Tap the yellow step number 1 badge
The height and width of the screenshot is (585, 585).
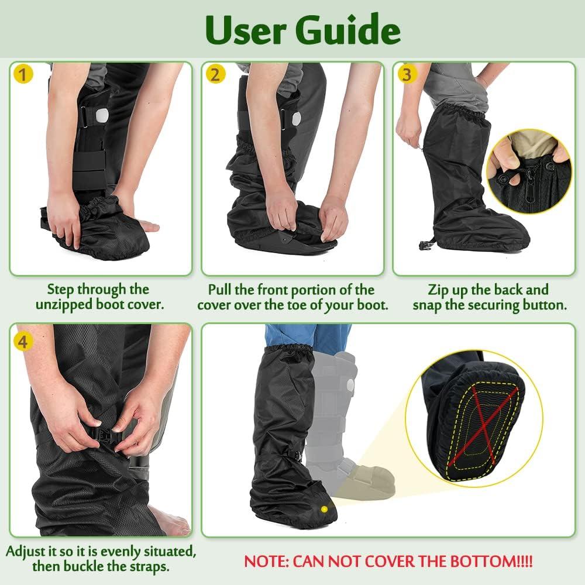pyautogui.click(x=22, y=74)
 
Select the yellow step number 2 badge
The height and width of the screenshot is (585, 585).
pyautogui.click(x=215, y=74)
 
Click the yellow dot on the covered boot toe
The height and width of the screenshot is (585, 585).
pyautogui.click(x=323, y=510)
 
